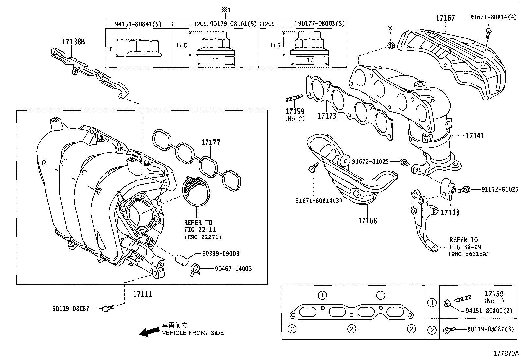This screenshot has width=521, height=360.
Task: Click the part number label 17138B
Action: [x=73, y=42]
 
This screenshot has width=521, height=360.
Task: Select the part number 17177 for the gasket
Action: [x=210, y=142]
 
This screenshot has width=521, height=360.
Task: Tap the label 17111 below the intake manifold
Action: [x=142, y=294]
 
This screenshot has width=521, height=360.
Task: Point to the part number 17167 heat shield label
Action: [x=445, y=18]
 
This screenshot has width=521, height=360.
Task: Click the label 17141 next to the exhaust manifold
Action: [x=475, y=135]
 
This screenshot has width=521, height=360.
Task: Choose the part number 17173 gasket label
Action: [x=327, y=116]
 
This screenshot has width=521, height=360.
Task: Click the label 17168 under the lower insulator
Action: [x=367, y=220]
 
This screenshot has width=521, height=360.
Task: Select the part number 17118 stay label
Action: [x=450, y=212]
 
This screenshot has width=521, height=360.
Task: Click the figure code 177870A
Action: [x=506, y=353]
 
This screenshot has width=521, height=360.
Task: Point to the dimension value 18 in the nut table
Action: [x=215, y=60]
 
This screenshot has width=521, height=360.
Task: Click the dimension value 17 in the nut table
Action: [x=309, y=60]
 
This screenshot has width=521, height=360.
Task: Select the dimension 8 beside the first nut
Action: [x=111, y=49]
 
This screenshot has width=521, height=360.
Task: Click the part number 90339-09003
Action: [x=220, y=253]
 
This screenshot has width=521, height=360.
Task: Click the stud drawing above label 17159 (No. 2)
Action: [x=295, y=98]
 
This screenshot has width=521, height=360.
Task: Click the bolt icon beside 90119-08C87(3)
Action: [x=449, y=330]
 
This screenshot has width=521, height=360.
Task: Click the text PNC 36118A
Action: [x=468, y=254]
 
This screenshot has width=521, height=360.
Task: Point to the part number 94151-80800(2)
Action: [x=489, y=310]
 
